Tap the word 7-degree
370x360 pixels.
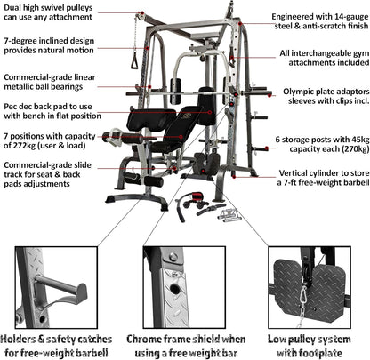(x=20, y=41)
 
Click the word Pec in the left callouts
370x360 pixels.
(x=12, y=107)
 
